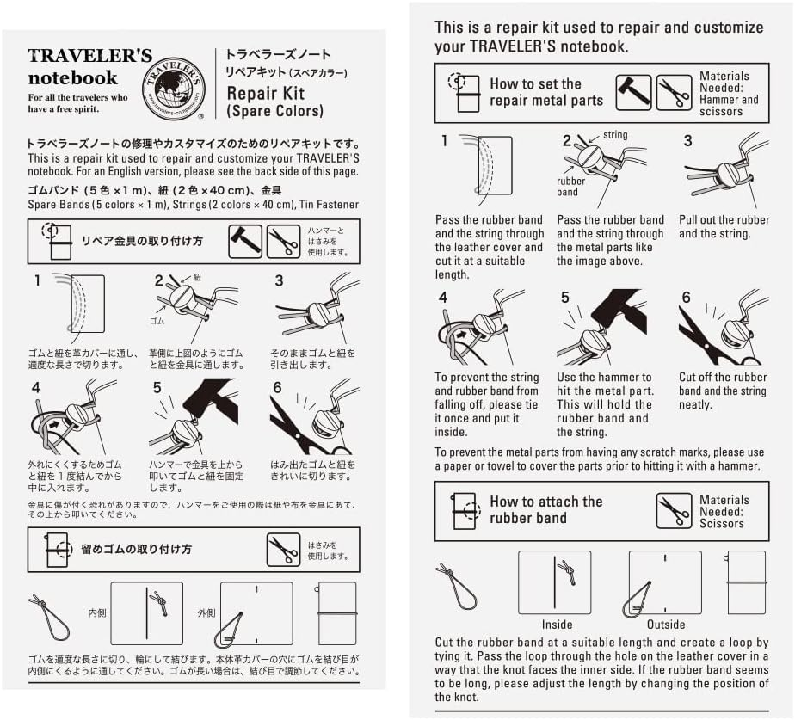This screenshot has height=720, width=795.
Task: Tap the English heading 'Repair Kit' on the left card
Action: (x=262, y=93)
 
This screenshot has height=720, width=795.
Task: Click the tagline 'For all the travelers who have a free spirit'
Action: (x=77, y=103)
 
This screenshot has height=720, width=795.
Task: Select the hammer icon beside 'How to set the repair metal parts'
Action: (x=632, y=93)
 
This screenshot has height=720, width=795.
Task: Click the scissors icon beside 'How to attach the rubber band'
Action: (x=674, y=511)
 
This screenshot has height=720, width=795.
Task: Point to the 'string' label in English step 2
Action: (x=615, y=135)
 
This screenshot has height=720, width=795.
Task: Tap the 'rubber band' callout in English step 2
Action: (x=570, y=187)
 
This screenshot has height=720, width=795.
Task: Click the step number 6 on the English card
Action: (x=686, y=298)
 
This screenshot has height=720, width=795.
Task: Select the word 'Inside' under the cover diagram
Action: (x=557, y=625)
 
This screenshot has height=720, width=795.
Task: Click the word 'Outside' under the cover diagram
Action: (x=666, y=625)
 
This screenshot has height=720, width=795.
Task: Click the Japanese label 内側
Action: (x=97, y=613)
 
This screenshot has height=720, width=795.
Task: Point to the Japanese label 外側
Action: (x=206, y=613)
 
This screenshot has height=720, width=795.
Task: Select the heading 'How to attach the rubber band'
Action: (x=545, y=510)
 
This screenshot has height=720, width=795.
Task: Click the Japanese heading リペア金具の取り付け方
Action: (x=142, y=242)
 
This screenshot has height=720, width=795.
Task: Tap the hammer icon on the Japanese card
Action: (x=244, y=242)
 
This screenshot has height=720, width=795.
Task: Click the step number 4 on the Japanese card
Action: (x=36, y=387)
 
